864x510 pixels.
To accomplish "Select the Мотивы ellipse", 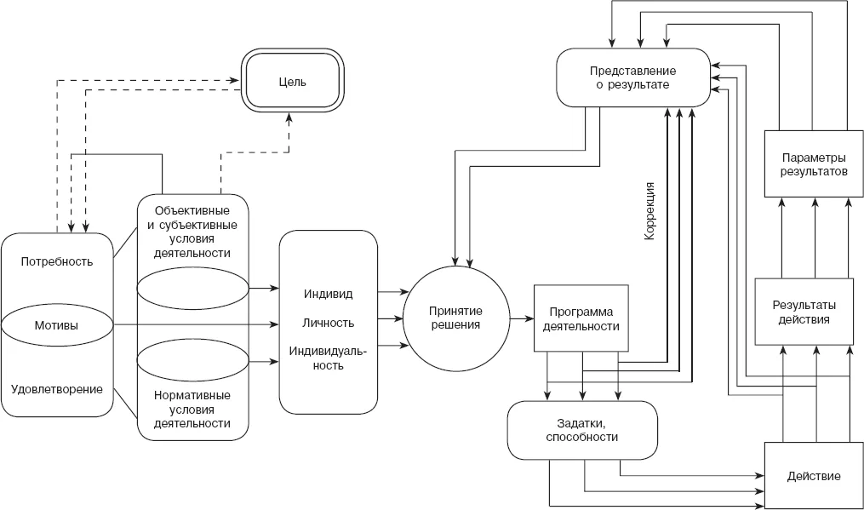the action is point(57,325).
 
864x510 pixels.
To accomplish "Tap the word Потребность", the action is point(57,261).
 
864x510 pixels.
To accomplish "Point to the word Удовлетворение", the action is point(57,389).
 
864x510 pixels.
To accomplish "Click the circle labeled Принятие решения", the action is point(455,318).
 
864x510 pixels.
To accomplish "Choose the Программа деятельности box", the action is point(581,318).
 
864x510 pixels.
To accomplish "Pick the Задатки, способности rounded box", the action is point(582,430).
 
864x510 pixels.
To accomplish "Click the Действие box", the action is point(813,475).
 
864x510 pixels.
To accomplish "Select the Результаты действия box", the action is point(804,312).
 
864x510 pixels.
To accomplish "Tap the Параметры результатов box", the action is point(813,163).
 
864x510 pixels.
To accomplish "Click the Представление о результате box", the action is point(633,77).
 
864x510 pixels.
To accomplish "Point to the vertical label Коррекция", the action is point(649,211).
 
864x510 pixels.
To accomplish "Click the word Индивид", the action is point(329,294).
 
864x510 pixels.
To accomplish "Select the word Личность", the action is point(329,323).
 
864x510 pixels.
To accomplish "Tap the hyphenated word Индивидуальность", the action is point(329,358).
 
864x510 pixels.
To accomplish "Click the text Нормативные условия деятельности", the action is point(192,409).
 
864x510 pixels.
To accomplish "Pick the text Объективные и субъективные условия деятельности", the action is point(192,232).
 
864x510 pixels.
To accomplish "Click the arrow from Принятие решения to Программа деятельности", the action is point(522,318).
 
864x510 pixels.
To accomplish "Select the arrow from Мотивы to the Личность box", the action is point(196,325).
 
